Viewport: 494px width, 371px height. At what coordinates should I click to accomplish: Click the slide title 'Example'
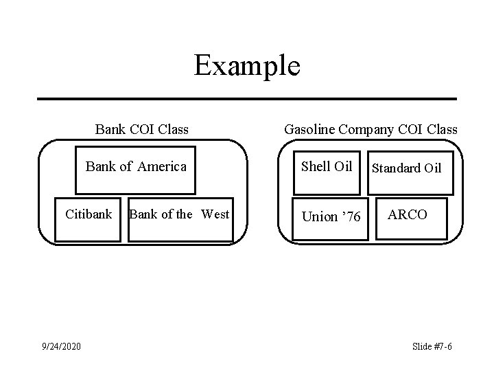click(x=246, y=66)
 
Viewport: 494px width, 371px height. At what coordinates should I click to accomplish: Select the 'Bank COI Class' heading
click(x=142, y=129)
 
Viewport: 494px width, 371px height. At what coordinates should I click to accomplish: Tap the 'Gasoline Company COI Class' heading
click(x=370, y=129)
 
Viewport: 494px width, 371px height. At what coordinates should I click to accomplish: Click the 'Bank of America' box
click(x=136, y=170)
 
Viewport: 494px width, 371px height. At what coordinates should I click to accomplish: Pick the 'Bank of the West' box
click(x=180, y=219)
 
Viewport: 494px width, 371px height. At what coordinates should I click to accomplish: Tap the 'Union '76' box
click(x=331, y=219)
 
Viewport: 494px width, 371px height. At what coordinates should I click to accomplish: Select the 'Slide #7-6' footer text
click(x=432, y=346)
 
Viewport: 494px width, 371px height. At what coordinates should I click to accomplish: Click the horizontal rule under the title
click(x=246, y=99)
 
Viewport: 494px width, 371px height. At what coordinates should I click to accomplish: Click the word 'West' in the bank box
click(x=215, y=214)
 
